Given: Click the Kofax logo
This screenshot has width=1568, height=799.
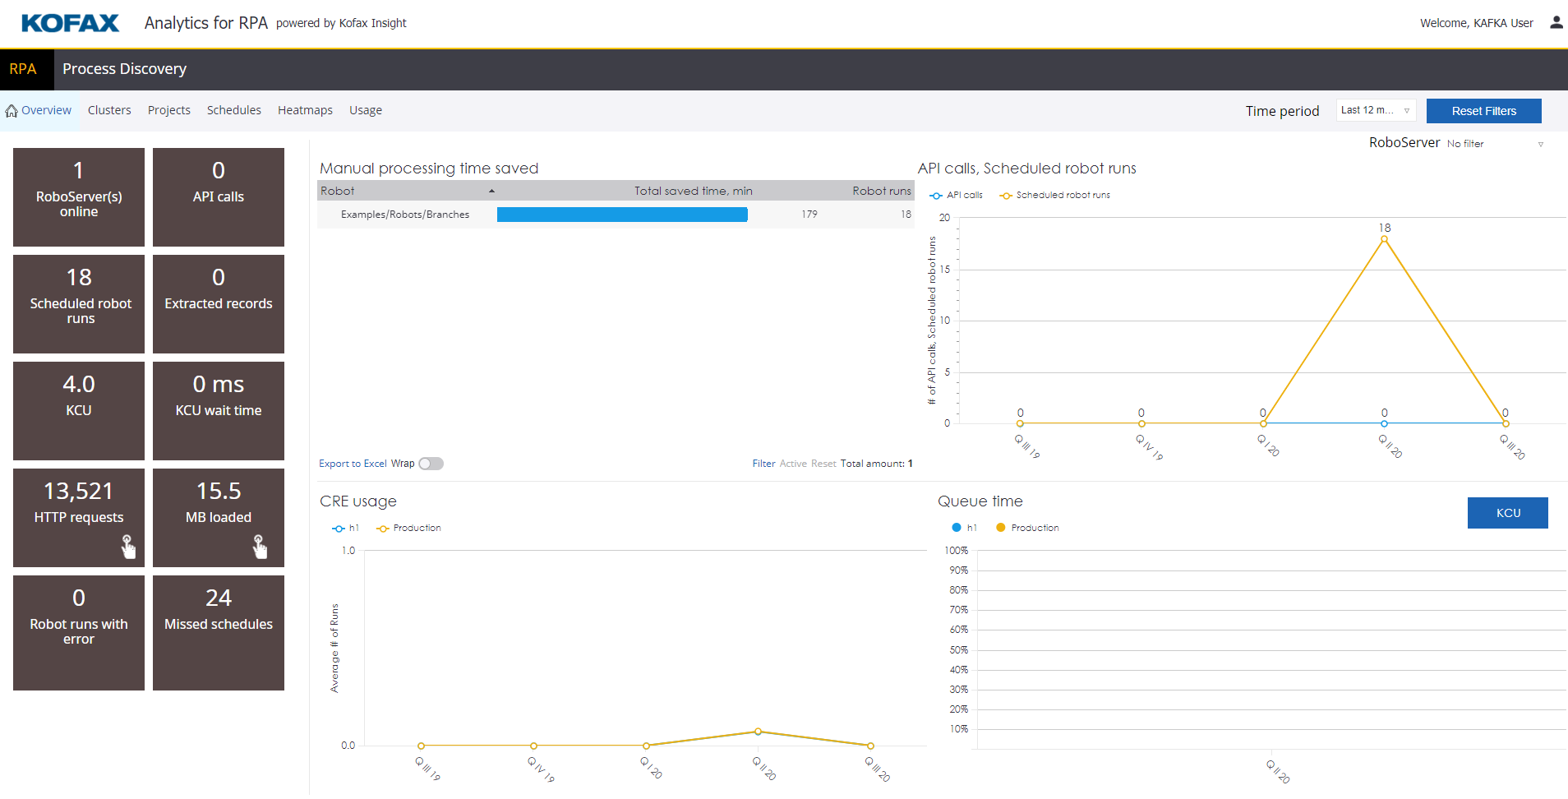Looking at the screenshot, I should pyautogui.click(x=70, y=23).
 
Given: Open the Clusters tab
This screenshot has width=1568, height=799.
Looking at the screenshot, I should pyautogui.click(x=109, y=110).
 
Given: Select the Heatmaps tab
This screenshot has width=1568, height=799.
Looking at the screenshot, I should pyautogui.click(x=305, y=110).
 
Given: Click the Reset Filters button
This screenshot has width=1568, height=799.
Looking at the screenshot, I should pyautogui.click(x=1483, y=111).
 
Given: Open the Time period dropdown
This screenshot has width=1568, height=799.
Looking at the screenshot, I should pyautogui.click(x=1375, y=110).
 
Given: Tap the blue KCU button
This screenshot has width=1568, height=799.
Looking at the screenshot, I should pyautogui.click(x=1507, y=513).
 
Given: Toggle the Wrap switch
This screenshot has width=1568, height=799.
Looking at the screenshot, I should pyautogui.click(x=431, y=464).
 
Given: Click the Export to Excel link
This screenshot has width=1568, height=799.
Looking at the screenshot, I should pyautogui.click(x=353, y=464).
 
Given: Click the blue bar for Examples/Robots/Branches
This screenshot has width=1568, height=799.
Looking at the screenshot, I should pyautogui.click(x=622, y=215).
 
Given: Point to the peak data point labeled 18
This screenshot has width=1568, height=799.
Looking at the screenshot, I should pyautogui.click(x=1384, y=239).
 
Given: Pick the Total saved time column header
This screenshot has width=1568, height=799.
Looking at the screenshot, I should pyautogui.click(x=693, y=191).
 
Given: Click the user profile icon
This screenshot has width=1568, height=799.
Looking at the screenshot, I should pyautogui.click(x=1556, y=23).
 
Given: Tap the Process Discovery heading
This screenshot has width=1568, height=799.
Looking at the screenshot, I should pyautogui.click(x=124, y=69).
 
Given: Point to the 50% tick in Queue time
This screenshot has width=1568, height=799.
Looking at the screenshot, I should pyautogui.click(x=958, y=650).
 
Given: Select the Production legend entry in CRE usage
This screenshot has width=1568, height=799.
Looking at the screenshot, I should pyautogui.click(x=416, y=529).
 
